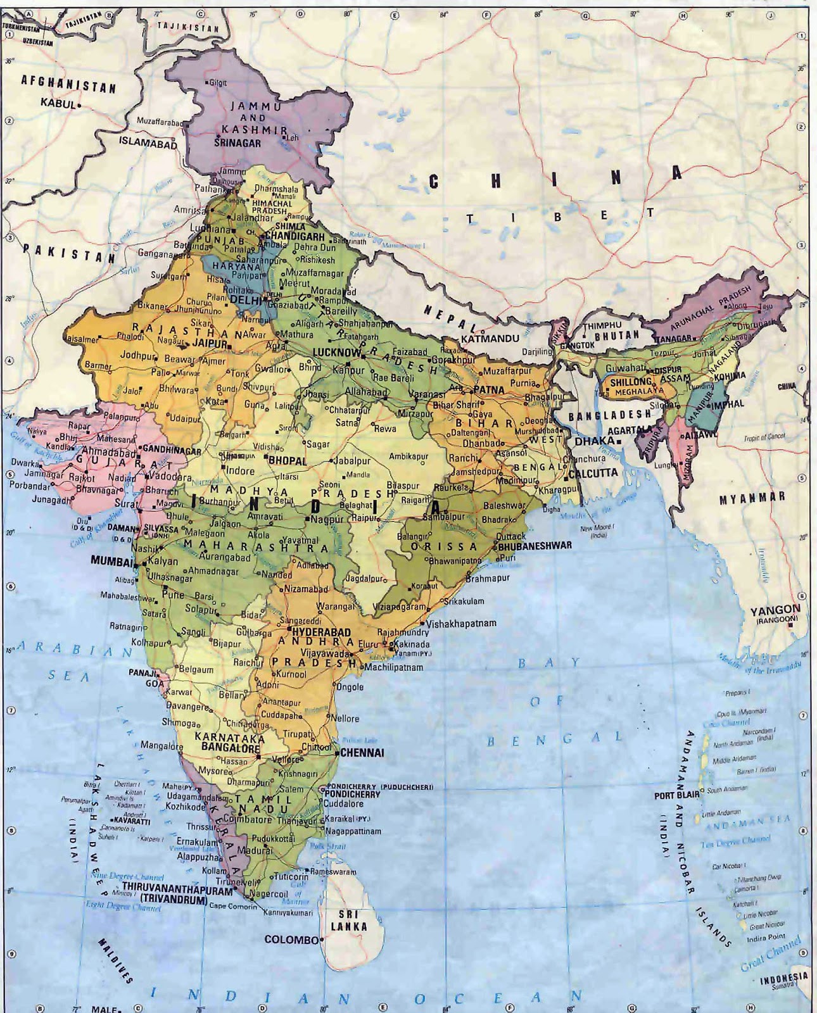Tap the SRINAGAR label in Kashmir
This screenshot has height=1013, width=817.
coord(237,144)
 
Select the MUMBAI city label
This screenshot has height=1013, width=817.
coord(111,560)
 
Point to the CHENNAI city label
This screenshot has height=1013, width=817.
coord(362,753)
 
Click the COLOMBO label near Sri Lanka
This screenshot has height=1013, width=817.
coord(291,940)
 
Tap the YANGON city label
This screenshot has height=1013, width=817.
coord(775,610)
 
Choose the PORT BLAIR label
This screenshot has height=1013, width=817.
coord(676,795)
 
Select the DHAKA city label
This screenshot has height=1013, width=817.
coord(594,440)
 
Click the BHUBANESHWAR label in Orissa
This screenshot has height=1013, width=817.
coord(535,545)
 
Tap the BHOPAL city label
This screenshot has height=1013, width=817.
coord(289,461)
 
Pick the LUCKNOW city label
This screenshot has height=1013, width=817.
coord(336,352)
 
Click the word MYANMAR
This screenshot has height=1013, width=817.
coord(752,498)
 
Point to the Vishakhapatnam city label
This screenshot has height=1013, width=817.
coord(461,624)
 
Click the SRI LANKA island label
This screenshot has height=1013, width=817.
coord(349,921)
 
